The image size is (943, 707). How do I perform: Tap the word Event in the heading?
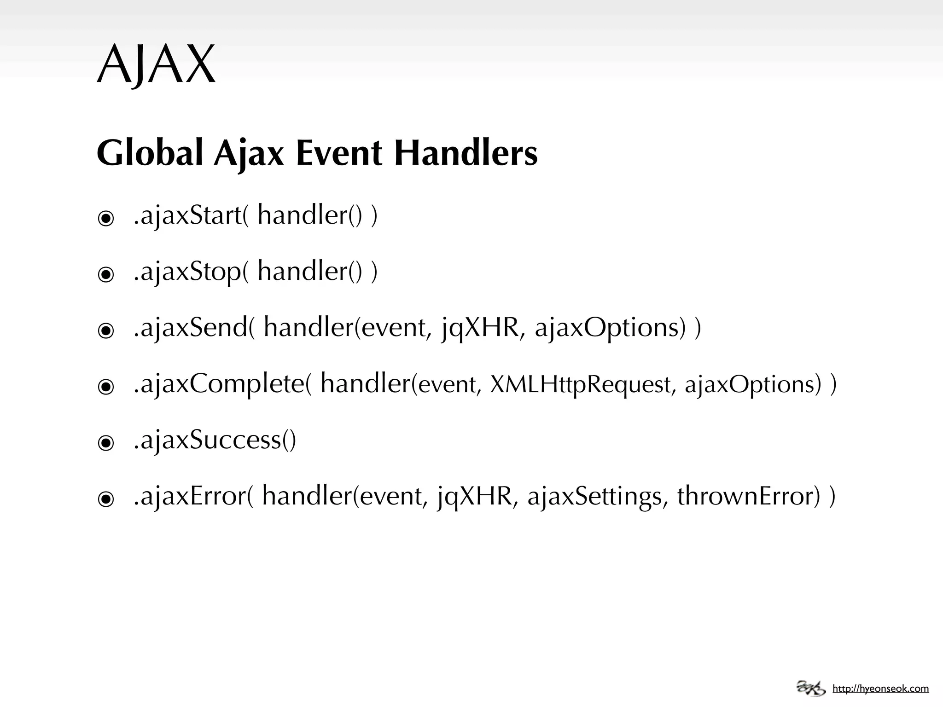pyautogui.click(x=338, y=153)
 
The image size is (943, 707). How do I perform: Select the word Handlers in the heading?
pyautogui.click(x=466, y=153)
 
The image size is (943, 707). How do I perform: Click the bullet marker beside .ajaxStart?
pyautogui.click(x=106, y=219)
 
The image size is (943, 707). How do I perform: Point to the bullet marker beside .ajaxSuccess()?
pyautogui.click(x=106, y=443)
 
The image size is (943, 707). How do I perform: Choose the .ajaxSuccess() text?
pyautogui.click(x=215, y=440)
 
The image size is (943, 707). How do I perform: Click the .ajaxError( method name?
pyautogui.click(x=193, y=496)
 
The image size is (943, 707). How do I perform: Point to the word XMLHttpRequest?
pyautogui.click(x=580, y=385)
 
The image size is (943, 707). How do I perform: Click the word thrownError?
pyautogui.click(x=748, y=496)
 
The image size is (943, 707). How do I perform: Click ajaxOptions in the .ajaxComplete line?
pyautogui.click(x=752, y=385)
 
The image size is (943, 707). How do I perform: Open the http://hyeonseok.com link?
pyautogui.click(x=880, y=689)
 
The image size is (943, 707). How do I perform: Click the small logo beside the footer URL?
pyautogui.click(x=811, y=688)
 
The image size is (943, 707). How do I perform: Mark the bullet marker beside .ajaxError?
pyautogui.click(x=106, y=499)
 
